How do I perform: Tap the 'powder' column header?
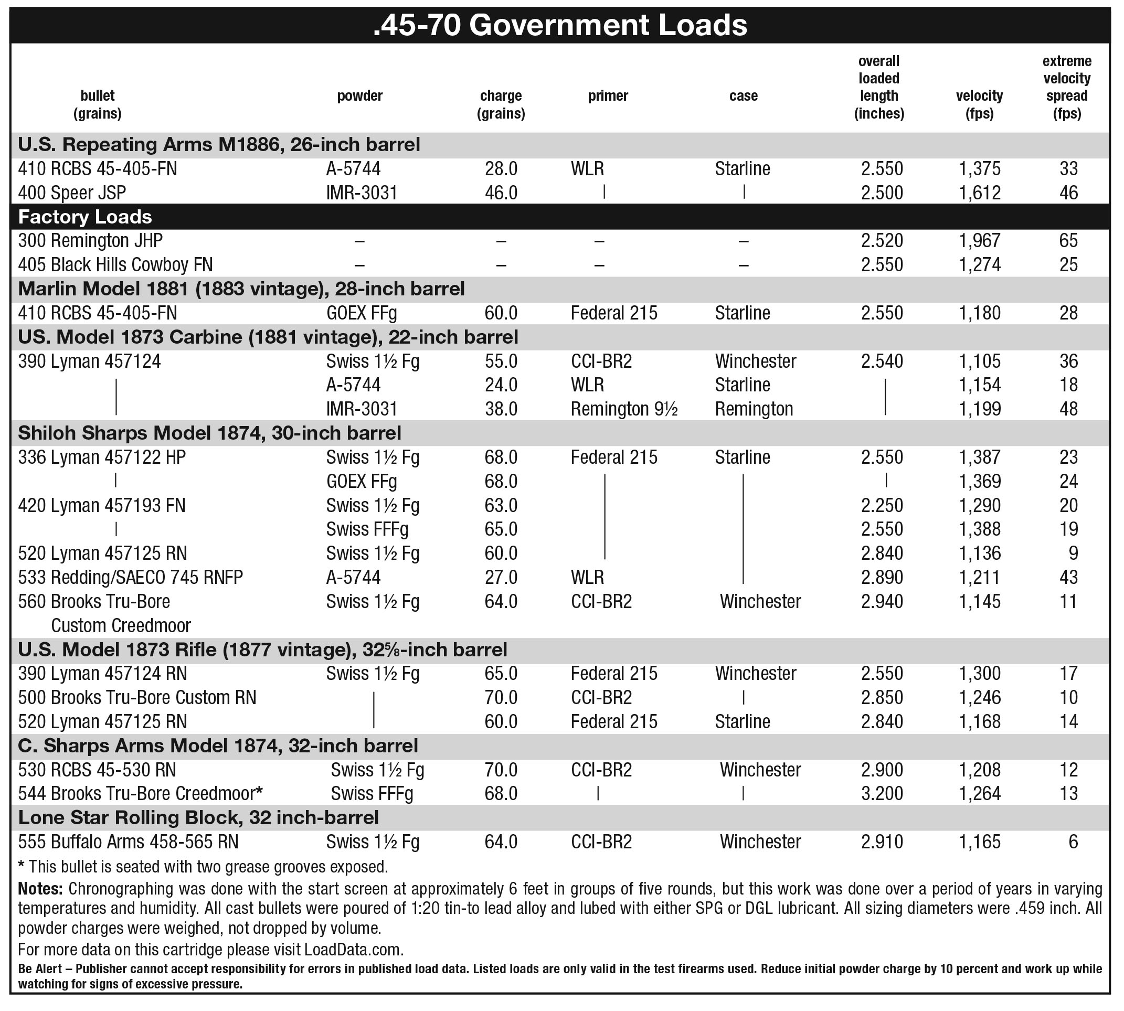[359, 95]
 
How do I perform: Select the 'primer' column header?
[608, 95]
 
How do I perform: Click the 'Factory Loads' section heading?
[85, 217]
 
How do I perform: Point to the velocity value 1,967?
[979, 240]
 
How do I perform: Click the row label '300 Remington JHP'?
[90, 240]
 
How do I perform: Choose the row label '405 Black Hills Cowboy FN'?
[115, 264]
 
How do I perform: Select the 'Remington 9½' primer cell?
[624, 409]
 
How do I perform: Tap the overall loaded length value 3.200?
[882, 793]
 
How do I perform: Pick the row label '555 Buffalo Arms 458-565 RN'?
[128, 842]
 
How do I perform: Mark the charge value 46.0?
[501, 193]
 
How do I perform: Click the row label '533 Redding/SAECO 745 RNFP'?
[130, 577]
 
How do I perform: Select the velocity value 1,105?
[979, 361]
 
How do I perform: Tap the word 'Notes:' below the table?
[40, 889]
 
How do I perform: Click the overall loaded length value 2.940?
[882, 601]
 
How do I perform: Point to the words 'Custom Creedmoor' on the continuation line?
[121, 625]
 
